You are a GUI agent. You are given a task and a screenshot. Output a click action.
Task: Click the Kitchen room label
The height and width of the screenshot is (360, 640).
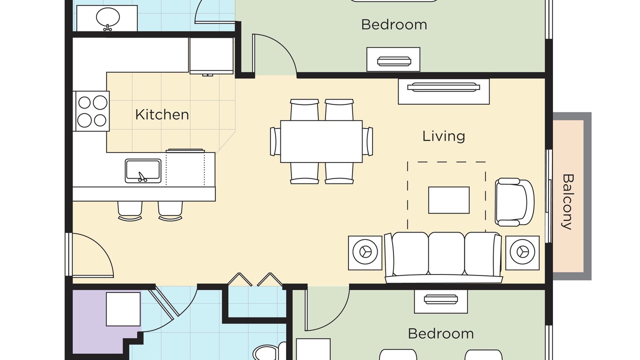tap(162, 114)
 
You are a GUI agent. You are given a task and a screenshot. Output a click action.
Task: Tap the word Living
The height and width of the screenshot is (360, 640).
tap(443, 136)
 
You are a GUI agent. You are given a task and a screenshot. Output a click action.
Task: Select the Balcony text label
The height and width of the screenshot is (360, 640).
tap(567, 202)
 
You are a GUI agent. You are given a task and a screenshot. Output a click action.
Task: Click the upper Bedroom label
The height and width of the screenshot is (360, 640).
tap(394, 24)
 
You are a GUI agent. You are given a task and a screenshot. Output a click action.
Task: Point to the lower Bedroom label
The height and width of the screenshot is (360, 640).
tap(440, 333)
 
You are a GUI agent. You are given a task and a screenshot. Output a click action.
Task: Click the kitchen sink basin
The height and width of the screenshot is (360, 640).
tap(143, 171)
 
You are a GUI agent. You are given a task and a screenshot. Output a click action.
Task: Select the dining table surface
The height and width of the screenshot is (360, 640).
tap(321, 141)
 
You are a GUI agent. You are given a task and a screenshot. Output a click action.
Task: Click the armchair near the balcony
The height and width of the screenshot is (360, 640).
tap(514, 202)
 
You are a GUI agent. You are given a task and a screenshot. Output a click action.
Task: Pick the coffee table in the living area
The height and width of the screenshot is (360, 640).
tap(449, 200)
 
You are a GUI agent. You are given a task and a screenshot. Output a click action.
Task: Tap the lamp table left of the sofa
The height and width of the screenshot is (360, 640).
tap(365, 253)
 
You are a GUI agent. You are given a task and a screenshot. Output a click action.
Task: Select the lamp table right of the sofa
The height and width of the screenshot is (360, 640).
tap(522, 253)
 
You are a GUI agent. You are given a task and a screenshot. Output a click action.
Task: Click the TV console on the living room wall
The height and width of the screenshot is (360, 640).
tap(443, 91)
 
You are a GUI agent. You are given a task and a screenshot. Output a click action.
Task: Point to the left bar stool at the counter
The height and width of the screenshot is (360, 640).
tap(130, 211)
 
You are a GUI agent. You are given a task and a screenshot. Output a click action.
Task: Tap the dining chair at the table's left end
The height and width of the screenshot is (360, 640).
tap(275, 141)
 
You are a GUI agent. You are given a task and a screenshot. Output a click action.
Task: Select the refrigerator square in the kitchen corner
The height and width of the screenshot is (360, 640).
tap(211, 56)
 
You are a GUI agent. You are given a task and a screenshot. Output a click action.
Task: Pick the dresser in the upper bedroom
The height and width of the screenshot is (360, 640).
tap(393, 59)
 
